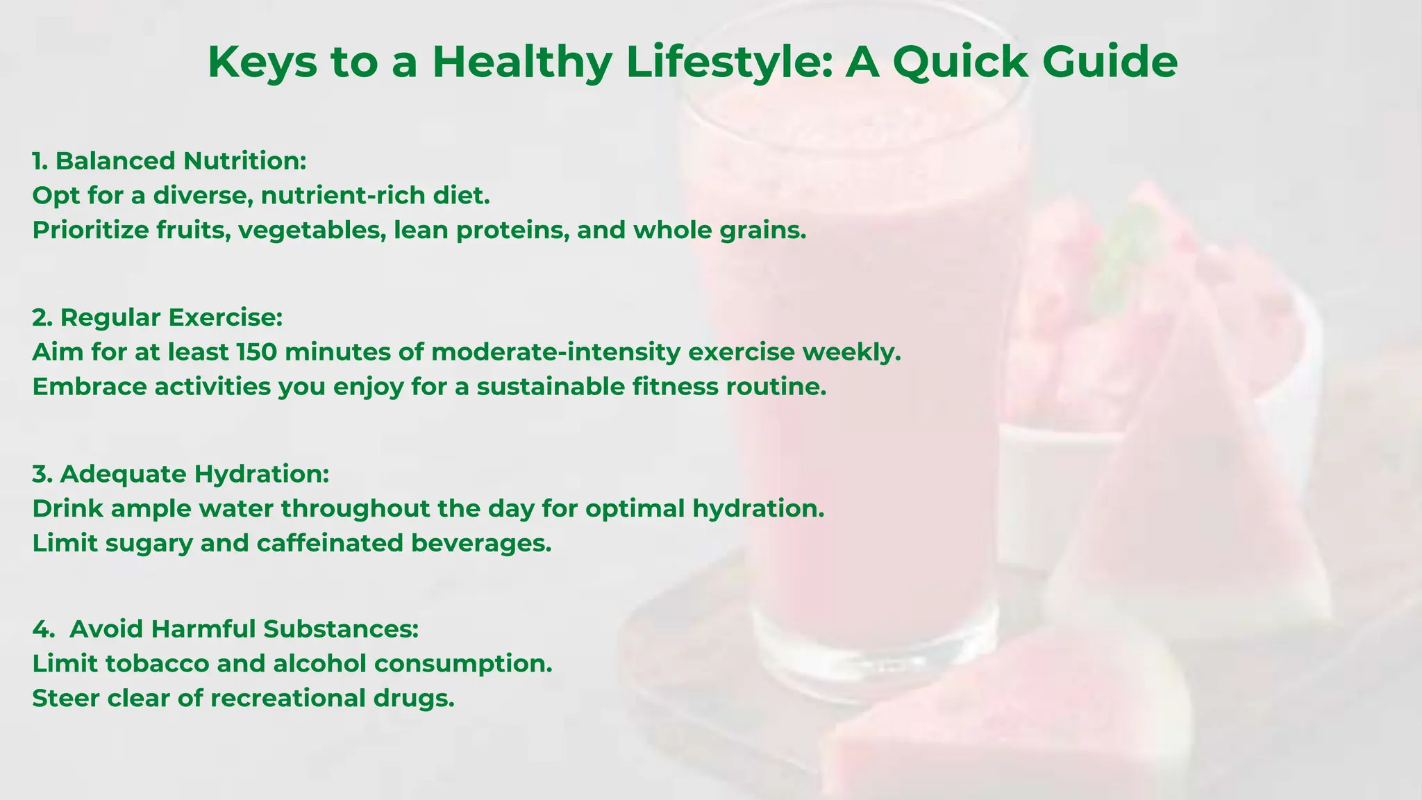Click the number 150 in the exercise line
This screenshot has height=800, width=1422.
256,352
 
